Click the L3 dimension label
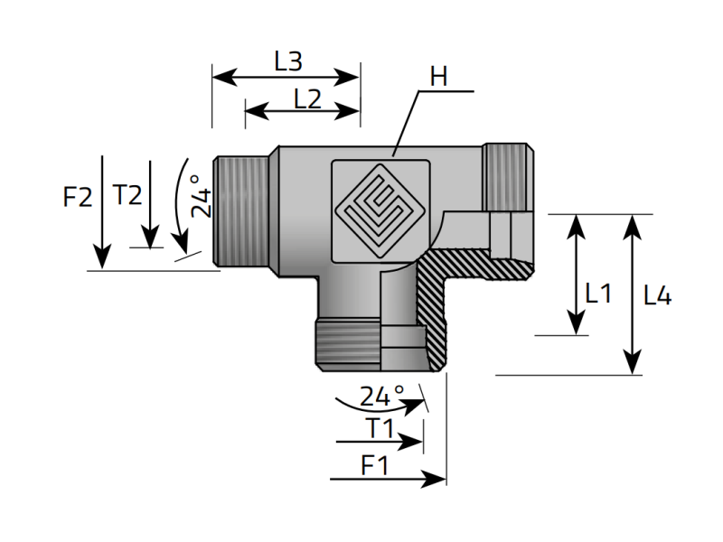coord(288,61)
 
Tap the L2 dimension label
coord(307,99)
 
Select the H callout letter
coord(438,77)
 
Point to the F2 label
coord(78,197)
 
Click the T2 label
coord(127,194)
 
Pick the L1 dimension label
coord(598,293)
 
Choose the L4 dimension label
coord(658,295)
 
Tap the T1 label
coord(380,428)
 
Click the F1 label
coord(375,465)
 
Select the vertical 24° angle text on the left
coord(201,196)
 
